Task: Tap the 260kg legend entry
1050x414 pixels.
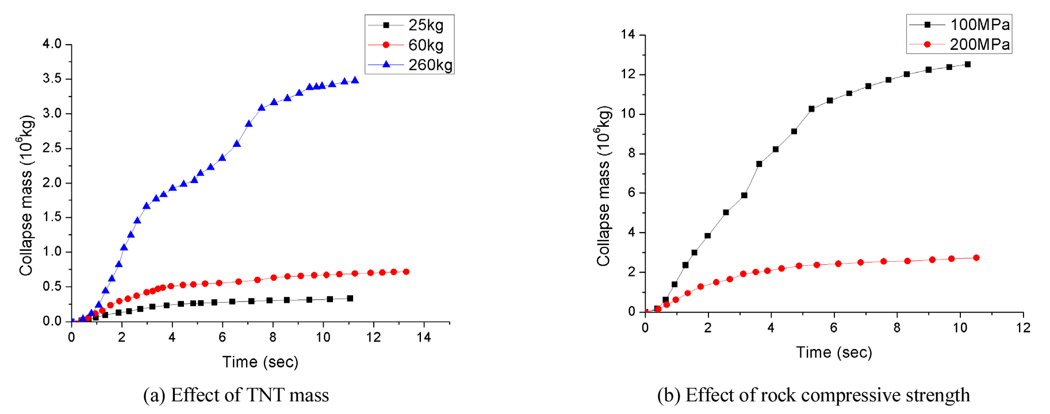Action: [410, 65]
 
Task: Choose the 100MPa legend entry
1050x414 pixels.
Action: [959, 25]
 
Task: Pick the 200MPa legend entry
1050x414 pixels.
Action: [959, 44]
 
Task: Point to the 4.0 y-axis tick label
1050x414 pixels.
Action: [52, 44]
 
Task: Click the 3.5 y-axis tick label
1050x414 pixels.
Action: [52, 79]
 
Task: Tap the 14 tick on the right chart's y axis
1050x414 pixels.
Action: [628, 35]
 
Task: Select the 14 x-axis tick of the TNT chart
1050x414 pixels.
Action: [424, 338]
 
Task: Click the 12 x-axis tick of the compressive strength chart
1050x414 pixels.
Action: [1023, 328]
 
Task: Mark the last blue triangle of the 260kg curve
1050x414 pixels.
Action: [355, 80]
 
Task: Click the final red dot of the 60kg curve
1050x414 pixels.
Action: [406, 272]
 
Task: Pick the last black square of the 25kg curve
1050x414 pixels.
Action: [350, 299]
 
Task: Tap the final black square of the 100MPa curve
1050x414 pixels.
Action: [968, 64]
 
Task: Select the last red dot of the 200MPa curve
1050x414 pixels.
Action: [976, 258]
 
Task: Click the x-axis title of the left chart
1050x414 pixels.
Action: [260, 362]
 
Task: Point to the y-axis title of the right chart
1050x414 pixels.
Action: [603, 186]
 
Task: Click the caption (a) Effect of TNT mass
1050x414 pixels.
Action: [236, 396]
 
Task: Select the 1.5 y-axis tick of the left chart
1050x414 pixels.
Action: [52, 217]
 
